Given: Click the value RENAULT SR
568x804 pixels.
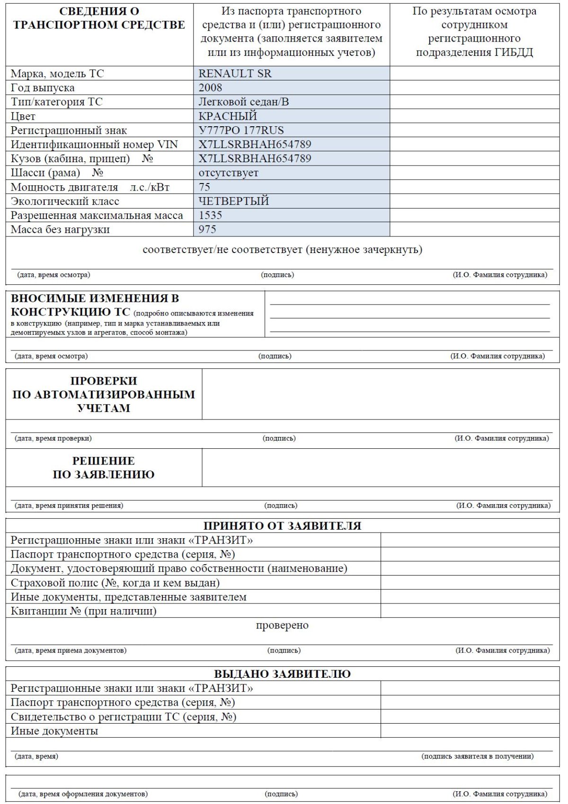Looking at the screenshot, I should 235,74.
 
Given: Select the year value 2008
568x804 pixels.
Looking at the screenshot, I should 210,88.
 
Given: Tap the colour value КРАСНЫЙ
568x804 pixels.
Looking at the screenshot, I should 228,116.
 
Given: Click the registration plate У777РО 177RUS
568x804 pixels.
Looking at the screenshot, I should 241,131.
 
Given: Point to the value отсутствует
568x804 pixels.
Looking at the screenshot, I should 229,173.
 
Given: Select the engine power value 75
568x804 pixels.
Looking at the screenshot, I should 204,187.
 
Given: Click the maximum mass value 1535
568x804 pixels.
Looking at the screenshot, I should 210,216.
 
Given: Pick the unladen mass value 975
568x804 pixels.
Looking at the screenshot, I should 207,230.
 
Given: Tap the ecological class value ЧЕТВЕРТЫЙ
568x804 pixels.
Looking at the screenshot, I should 234,201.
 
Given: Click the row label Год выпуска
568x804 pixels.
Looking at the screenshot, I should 43,88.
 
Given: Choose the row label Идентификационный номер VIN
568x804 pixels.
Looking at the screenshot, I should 94,145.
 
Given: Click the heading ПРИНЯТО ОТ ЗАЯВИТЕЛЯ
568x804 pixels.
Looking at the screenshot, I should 282,526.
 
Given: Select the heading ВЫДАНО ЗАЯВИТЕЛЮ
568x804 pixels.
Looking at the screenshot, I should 282,674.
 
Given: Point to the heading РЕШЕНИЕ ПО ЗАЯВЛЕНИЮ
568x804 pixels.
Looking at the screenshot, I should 103,468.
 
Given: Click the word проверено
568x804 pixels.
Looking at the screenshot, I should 282,625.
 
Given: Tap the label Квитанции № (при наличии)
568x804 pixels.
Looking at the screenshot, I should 84,611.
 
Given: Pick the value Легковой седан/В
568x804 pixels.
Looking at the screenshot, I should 244,102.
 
